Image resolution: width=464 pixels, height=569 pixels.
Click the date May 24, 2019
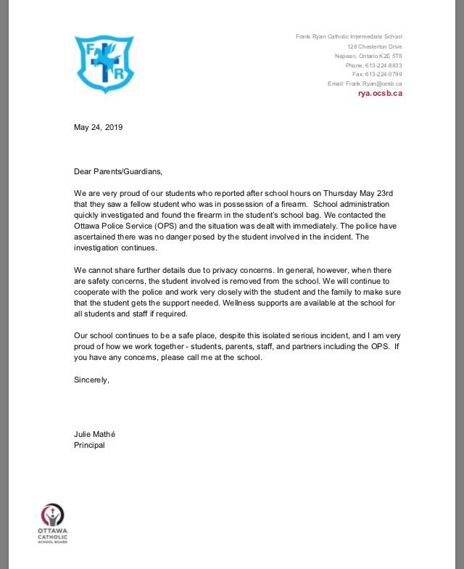pos(98,127)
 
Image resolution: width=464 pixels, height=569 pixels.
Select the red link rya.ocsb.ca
pos(380,94)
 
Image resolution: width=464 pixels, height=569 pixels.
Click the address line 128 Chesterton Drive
pos(374,46)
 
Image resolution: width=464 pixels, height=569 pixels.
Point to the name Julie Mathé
pos(94,434)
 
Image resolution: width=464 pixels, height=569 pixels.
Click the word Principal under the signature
pos(89,445)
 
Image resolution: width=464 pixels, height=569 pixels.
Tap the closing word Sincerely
pos(91,380)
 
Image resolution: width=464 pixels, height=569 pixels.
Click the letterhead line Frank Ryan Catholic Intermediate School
pos(349,37)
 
